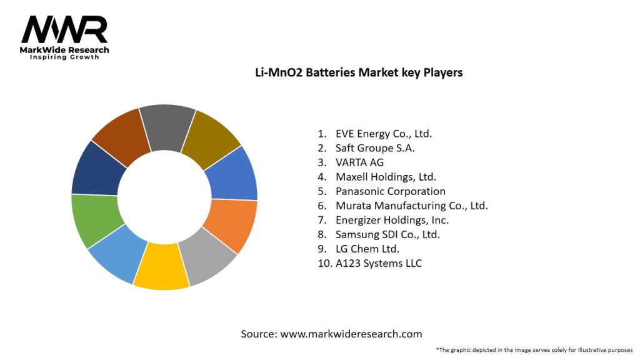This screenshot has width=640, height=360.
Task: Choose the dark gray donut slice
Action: tap(167, 127)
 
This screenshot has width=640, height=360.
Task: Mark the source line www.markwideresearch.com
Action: tap(331, 334)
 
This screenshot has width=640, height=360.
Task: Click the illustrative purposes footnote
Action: tap(534, 349)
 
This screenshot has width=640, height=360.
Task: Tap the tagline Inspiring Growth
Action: tap(64, 57)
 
